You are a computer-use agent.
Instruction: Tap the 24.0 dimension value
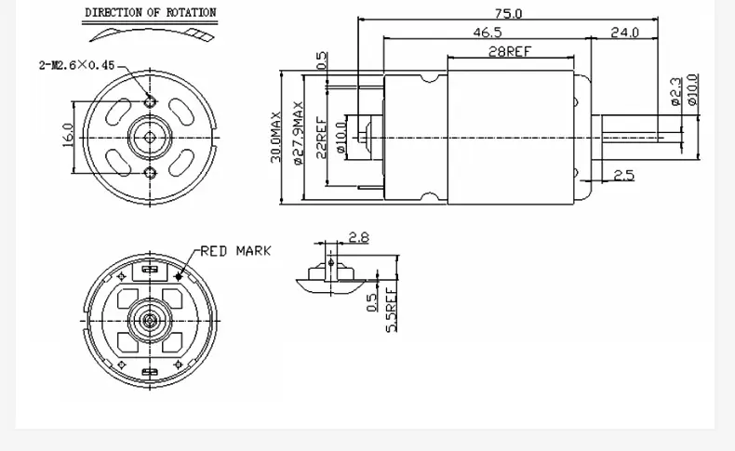(624, 33)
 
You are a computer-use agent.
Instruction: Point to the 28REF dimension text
(510, 52)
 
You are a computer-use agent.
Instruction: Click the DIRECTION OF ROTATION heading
(151, 13)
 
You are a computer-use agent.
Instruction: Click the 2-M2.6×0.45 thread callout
(77, 65)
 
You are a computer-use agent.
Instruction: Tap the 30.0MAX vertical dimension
(276, 137)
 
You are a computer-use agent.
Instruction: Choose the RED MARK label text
(236, 251)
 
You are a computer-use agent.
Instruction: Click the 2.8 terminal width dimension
(357, 238)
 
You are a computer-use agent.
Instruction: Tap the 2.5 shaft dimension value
(623, 175)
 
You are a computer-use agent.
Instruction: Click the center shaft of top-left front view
(150, 137)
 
